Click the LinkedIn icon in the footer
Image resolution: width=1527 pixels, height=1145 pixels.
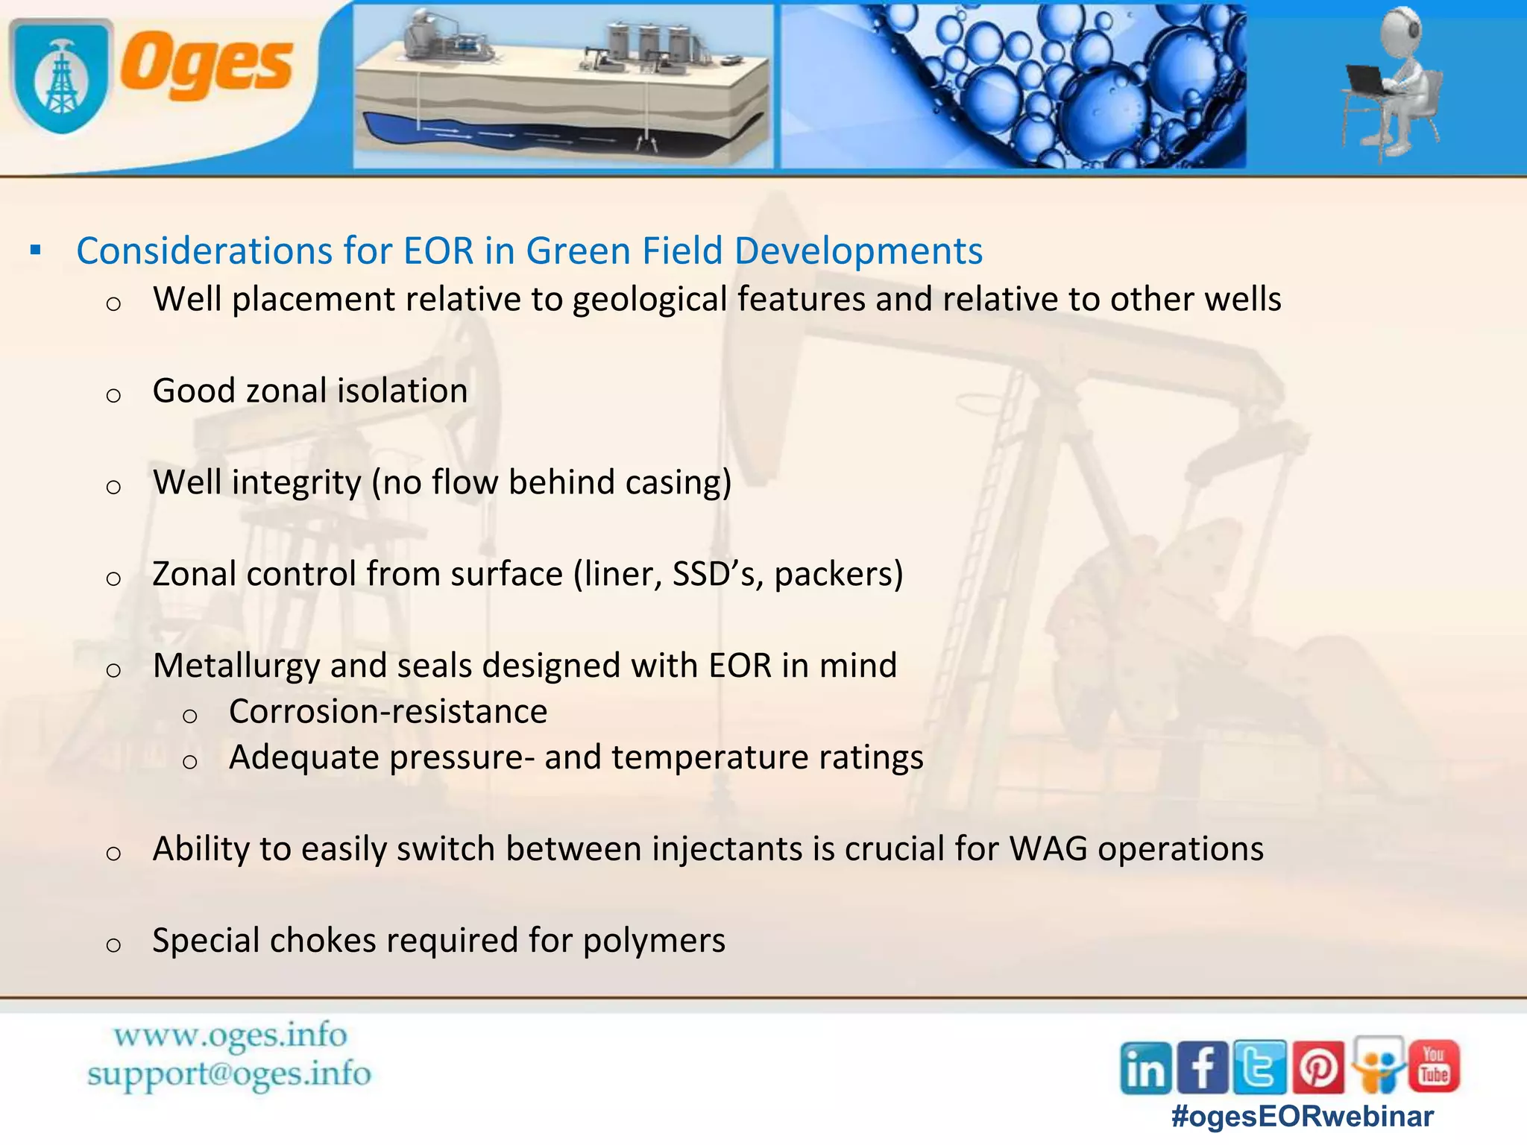coord(1146,1067)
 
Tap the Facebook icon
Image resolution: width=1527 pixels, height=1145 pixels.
coord(1203,1067)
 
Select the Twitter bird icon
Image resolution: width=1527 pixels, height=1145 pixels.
coord(1259,1067)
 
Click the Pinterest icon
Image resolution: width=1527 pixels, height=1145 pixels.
coord(1317,1067)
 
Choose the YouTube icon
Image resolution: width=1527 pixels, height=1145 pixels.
coord(1434,1066)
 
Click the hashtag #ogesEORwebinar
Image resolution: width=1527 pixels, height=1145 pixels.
coord(1302,1117)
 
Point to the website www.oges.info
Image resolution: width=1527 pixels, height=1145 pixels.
coord(230,1035)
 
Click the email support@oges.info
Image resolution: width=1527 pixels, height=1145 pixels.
coord(229,1074)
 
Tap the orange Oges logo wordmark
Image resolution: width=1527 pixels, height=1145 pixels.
coord(207,66)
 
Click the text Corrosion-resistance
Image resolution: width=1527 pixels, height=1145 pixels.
coord(388,712)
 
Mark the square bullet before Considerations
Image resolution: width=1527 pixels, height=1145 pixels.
coord(35,250)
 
